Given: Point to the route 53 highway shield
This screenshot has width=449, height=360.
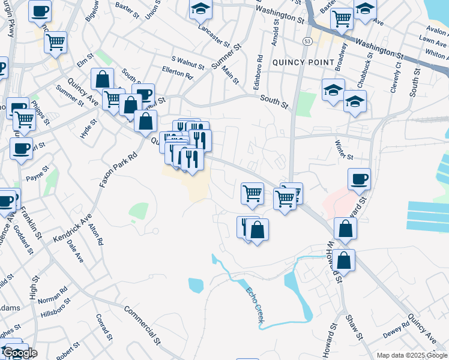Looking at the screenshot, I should [x=307, y=41].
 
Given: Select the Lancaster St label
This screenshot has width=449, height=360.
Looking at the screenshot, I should [x=214, y=35].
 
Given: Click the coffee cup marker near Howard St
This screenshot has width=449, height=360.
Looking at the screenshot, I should [x=359, y=178].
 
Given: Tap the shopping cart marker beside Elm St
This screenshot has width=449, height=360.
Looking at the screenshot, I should [x=55, y=41].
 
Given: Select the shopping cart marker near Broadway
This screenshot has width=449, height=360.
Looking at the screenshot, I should [x=342, y=18].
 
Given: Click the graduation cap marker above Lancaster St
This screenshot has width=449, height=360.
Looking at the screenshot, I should [x=200, y=8].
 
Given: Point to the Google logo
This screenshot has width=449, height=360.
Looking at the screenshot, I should [x=20, y=353].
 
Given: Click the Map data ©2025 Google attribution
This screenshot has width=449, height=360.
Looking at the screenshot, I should [x=411, y=355].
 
